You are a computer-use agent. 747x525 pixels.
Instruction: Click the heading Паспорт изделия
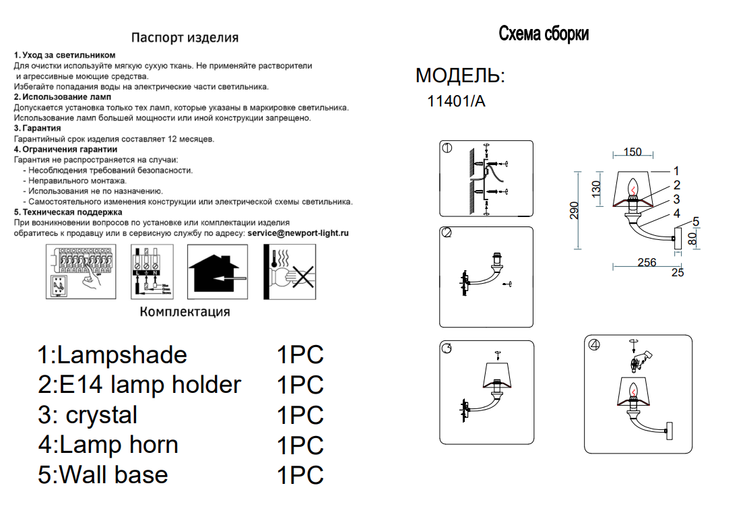point(185,38)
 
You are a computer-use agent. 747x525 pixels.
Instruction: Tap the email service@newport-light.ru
point(298,233)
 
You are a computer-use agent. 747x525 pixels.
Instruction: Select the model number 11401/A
point(456,101)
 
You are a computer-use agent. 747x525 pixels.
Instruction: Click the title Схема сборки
point(544,34)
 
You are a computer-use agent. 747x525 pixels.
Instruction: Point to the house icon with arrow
point(218,272)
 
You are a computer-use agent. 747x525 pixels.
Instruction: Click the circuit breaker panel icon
point(81,272)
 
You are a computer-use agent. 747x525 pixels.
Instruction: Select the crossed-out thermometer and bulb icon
point(290,272)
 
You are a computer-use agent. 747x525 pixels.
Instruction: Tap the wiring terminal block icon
point(152,272)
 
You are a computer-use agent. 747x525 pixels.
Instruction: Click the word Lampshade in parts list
point(122,354)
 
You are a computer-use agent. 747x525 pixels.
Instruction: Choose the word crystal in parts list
point(102,415)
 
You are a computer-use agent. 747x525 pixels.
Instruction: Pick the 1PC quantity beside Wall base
point(300,475)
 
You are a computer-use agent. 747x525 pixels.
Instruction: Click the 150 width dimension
point(632,152)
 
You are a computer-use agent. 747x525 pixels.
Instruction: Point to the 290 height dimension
point(574,210)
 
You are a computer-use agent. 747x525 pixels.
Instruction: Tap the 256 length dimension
point(647,262)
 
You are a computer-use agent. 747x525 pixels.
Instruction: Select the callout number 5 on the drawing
point(696,222)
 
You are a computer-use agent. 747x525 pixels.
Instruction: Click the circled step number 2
point(447,233)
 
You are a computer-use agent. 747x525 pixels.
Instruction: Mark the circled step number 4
point(594,344)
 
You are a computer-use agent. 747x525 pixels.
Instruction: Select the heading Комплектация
point(185,312)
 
